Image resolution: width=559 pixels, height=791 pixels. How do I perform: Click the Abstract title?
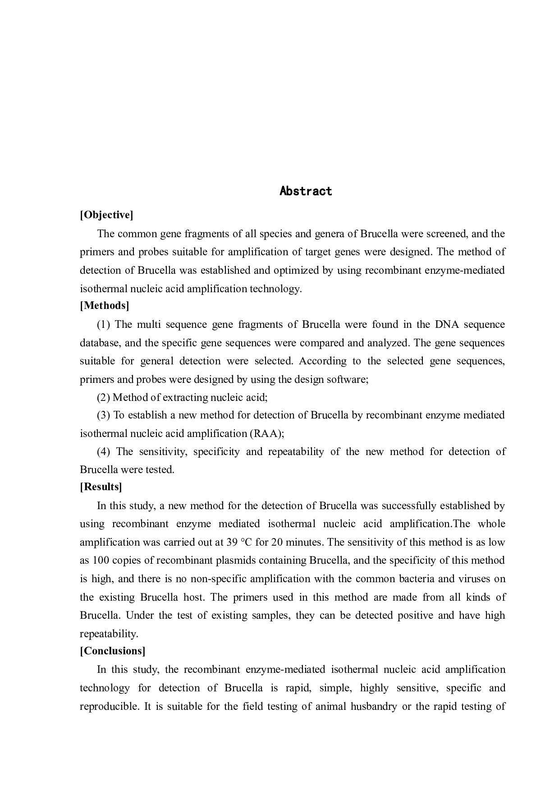[x=306, y=191]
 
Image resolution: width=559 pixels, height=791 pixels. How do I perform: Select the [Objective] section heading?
[x=106, y=215]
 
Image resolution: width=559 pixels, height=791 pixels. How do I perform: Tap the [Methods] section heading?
[x=105, y=306]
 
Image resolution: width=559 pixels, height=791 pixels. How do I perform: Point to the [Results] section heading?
[x=101, y=487]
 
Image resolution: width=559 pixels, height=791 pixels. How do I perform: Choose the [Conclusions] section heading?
[x=112, y=651]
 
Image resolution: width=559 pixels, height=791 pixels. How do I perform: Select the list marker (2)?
[x=104, y=397]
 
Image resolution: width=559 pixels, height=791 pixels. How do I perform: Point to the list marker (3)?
[x=104, y=415]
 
